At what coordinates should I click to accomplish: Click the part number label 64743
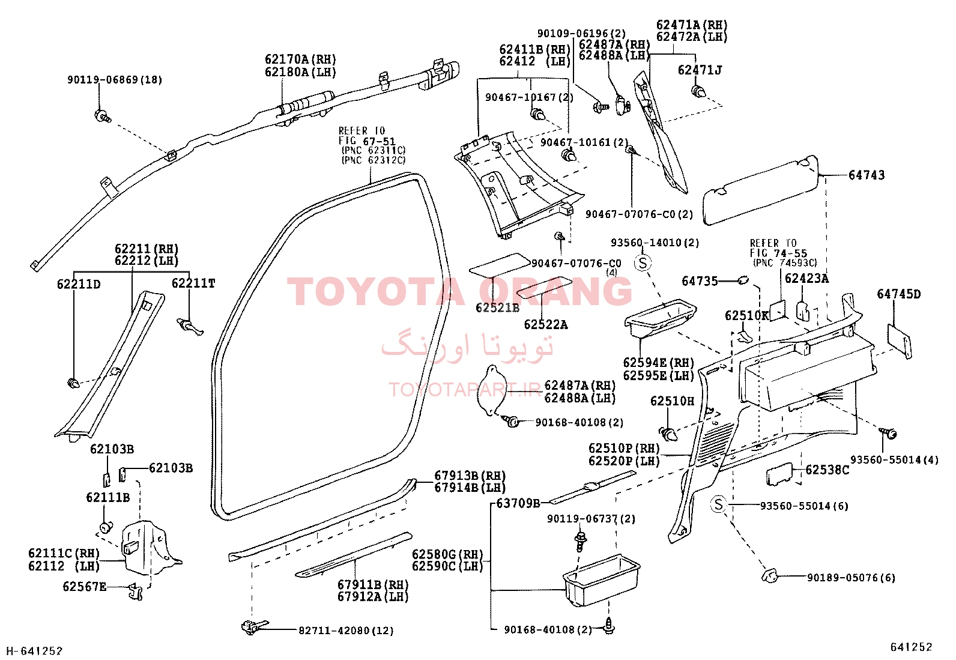click(x=867, y=175)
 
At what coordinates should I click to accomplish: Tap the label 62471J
click(x=700, y=70)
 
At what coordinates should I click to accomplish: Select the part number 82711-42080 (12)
click(x=346, y=631)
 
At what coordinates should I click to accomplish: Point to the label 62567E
click(x=85, y=587)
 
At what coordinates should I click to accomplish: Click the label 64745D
click(x=899, y=294)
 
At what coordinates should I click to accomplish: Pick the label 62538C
click(x=827, y=470)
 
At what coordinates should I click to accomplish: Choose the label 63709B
click(x=518, y=503)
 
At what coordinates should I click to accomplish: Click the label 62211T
click(x=193, y=283)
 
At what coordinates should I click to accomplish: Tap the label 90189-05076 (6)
click(x=851, y=578)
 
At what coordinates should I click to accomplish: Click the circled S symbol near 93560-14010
click(x=643, y=263)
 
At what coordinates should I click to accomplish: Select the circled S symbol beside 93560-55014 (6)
click(x=719, y=504)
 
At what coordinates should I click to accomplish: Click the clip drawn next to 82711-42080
click(x=255, y=627)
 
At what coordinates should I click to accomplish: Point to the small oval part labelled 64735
click(x=743, y=280)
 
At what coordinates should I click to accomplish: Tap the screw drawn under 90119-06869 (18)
click(x=103, y=115)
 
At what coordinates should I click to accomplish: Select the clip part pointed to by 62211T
click(x=190, y=327)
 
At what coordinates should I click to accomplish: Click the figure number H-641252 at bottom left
click(x=35, y=651)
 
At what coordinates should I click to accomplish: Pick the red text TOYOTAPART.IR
click(x=465, y=390)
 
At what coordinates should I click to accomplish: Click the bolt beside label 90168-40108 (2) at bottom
click(x=610, y=627)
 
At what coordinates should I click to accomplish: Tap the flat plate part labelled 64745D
click(x=899, y=341)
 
